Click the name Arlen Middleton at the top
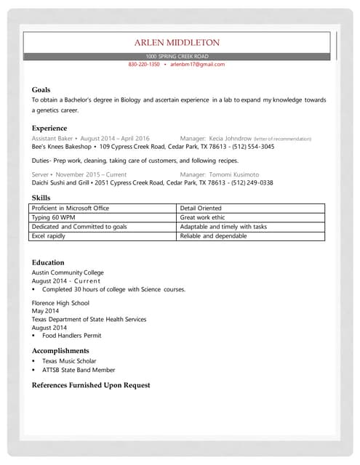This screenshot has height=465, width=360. (x=177, y=43)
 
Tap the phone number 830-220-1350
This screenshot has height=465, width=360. (x=144, y=65)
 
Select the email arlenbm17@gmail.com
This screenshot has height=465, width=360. (x=198, y=65)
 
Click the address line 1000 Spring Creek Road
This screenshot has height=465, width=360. (x=177, y=56)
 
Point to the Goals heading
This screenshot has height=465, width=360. (x=41, y=89)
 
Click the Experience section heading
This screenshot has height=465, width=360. (x=49, y=128)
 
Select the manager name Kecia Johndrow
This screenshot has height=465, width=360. (x=231, y=138)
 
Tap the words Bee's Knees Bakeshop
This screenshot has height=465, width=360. (x=63, y=147)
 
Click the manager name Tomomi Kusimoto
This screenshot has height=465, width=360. (x=234, y=174)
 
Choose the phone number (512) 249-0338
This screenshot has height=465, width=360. (x=249, y=183)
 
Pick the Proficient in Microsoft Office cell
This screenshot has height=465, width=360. (x=71, y=208)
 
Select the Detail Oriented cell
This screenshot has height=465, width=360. (x=201, y=208)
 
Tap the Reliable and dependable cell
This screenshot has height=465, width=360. (x=213, y=236)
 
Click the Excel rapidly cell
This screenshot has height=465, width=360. (x=49, y=236)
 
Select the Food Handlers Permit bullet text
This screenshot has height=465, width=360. (x=71, y=336)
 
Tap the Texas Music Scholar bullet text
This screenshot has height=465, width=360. (x=69, y=361)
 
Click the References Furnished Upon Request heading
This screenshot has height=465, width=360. (x=91, y=385)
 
